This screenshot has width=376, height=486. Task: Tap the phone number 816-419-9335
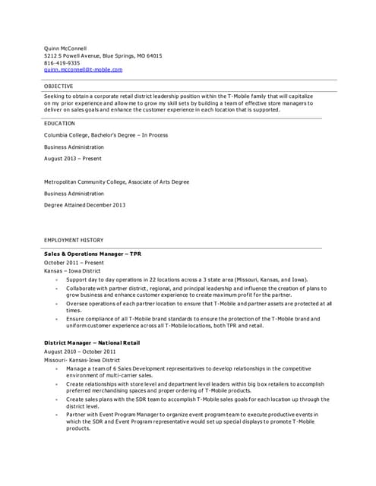pyautogui.click(x=62, y=63)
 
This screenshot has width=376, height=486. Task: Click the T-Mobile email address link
pyautogui.click(x=83, y=70)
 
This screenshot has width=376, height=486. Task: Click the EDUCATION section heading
pyautogui.click(x=59, y=123)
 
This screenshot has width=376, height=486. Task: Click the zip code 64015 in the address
pyautogui.click(x=153, y=55)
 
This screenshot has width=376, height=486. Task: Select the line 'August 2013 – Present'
pyautogui.click(x=73, y=159)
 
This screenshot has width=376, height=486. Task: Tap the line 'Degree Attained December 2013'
pyautogui.click(x=85, y=205)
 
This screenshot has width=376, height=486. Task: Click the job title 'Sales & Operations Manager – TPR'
pyautogui.click(x=93, y=253)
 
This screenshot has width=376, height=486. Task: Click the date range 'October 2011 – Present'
pyautogui.click(x=74, y=262)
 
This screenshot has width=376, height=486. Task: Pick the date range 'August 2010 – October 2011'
pyautogui.click(x=80, y=352)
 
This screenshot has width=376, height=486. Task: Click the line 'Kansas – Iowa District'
pyautogui.click(x=72, y=270)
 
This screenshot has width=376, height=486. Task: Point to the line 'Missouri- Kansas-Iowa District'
pyautogui.click(x=82, y=360)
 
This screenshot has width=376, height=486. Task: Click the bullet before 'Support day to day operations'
pyautogui.click(x=55, y=280)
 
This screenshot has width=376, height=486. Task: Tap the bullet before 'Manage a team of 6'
pyautogui.click(x=55, y=369)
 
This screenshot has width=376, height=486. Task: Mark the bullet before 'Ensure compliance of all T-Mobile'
pyautogui.click(x=55, y=320)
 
